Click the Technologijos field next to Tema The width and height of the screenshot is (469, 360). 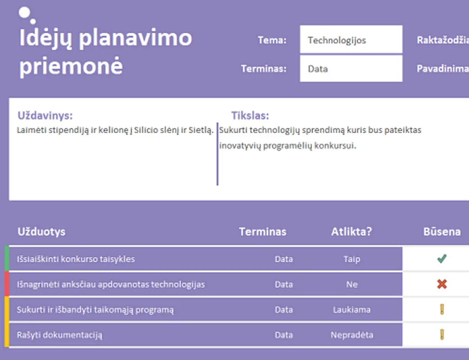(351, 40)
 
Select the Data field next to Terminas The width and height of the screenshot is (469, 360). (351, 69)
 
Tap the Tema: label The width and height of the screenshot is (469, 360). (272, 40)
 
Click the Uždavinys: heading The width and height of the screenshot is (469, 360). (45, 116)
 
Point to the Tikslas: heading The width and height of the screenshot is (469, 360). (250, 116)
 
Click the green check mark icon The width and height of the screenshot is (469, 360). (442, 259)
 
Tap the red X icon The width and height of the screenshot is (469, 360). (442, 284)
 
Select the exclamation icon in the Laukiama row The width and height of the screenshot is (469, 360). (442, 310)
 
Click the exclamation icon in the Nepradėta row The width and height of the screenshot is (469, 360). (442, 335)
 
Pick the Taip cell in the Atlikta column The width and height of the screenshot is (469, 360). (352, 259)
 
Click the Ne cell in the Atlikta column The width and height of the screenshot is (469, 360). (352, 284)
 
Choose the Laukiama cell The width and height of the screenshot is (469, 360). (352, 310)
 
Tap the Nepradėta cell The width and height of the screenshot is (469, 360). (352, 335)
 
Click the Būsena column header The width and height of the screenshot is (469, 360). (442, 232)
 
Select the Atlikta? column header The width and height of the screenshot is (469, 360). (352, 232)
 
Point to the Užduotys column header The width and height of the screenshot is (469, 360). (41, 232)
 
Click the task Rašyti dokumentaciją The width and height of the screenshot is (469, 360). (60, 335)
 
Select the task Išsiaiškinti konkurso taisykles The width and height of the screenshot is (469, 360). (76, 259)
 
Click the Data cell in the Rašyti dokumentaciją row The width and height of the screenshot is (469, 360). (284, 335)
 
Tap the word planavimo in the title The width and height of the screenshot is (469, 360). (135, 38)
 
